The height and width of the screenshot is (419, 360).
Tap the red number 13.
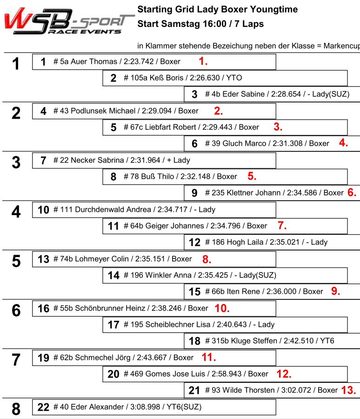348,390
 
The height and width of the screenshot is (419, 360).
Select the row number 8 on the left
16,409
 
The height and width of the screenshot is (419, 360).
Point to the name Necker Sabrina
97,160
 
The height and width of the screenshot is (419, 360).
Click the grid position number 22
43,407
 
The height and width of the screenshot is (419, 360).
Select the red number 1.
203,61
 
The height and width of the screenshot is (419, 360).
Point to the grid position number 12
195,242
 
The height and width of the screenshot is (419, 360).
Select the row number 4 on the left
16,212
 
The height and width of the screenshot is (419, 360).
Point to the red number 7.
282,226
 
